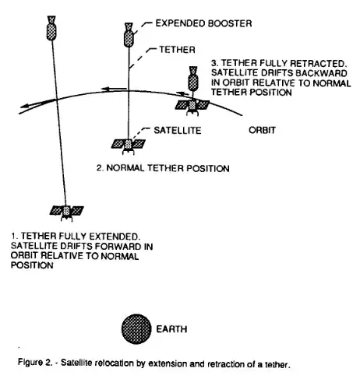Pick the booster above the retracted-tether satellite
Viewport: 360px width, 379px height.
[x=192, y=78]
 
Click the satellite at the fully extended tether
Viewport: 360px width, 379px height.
[x=67, y=209]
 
